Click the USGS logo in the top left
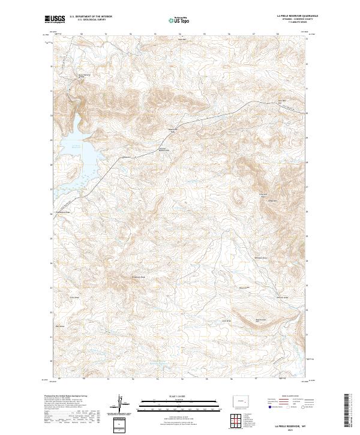(55, 19)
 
